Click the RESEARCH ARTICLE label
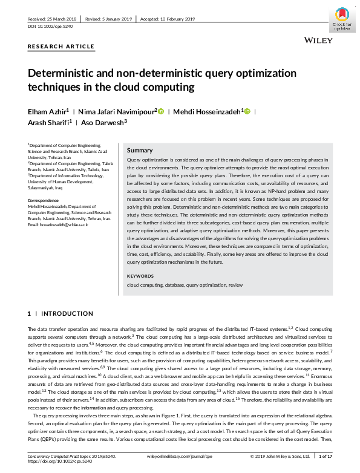(x=61, y=47)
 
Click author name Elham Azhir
(x=47, y=111)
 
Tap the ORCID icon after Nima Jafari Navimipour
(x=161, y=111)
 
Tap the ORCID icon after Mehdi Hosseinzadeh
(x=247, y=111)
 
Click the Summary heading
(x=140, y=150)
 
